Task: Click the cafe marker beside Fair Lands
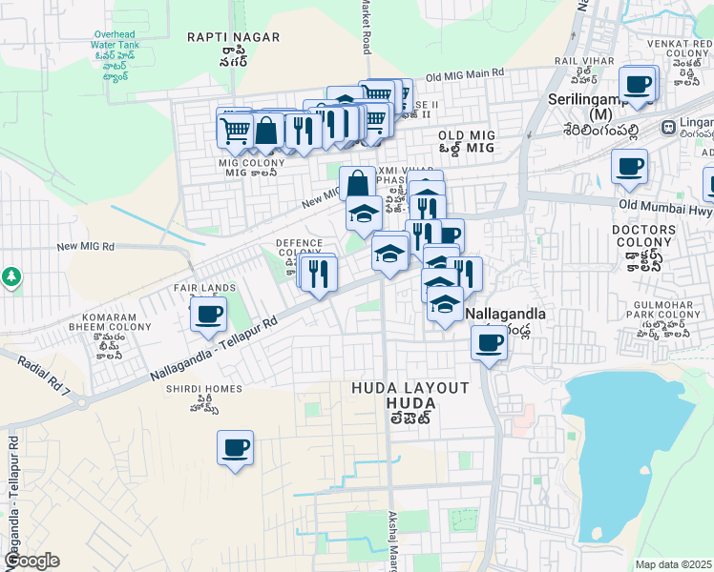tap(208, 314)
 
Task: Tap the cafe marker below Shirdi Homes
tap(235, 447)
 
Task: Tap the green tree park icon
tap(11, 276)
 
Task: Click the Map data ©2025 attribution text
tap(674, 564)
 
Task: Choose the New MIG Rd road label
tap(86, 247)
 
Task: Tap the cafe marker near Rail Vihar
tap(639, 84)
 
